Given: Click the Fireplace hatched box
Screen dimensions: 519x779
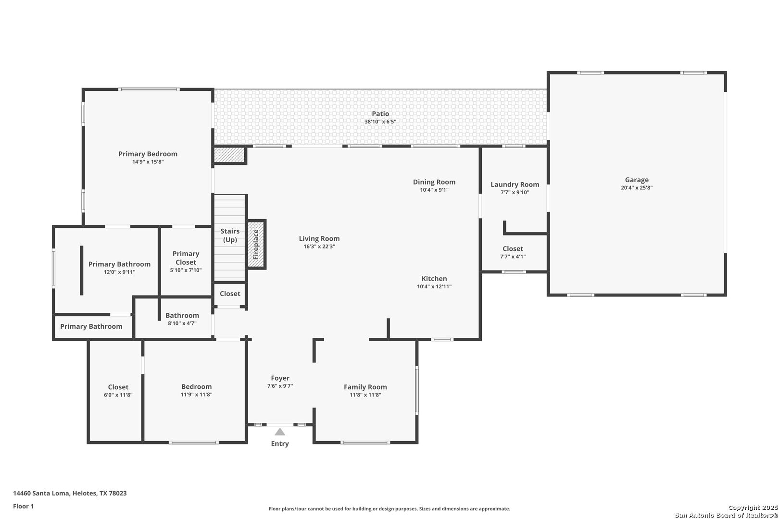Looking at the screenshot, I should [x=256, y=244].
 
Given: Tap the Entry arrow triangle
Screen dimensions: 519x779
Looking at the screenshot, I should [x=280, y=432].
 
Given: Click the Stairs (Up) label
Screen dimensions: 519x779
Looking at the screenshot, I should [x=230, y=235].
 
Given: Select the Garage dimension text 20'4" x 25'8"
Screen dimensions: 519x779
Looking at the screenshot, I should [x=636, y=188].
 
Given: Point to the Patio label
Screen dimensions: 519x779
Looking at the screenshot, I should [x=380, y=114].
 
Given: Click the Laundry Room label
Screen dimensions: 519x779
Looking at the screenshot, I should [x=515, y=185].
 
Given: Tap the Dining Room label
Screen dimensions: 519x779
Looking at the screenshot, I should [x=434, y=182].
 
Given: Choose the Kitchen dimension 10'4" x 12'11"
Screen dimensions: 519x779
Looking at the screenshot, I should [x=434, y=287].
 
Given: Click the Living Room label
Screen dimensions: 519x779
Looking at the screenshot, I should [x=319, y=239].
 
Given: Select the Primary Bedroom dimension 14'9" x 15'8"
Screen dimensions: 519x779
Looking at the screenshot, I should [x=148, y=162].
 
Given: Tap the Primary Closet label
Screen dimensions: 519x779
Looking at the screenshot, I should [x=186, y=258].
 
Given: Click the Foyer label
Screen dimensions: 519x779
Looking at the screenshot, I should [x=280, y=378].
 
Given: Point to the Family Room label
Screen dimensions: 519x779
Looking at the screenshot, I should [x=365, y=387].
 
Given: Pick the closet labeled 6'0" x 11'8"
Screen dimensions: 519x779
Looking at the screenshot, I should [x=118, y=391].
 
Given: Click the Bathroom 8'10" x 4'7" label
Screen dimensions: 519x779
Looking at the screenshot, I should [x=182, y=316].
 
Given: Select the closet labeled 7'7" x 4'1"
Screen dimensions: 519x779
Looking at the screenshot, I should [x=513, y=252].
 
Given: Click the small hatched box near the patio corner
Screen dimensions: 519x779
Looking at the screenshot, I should [x=229, y=155].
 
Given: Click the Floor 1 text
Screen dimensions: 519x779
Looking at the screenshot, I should [x=24, y=506].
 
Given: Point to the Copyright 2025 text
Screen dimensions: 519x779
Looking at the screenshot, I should [x=752, y=507].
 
